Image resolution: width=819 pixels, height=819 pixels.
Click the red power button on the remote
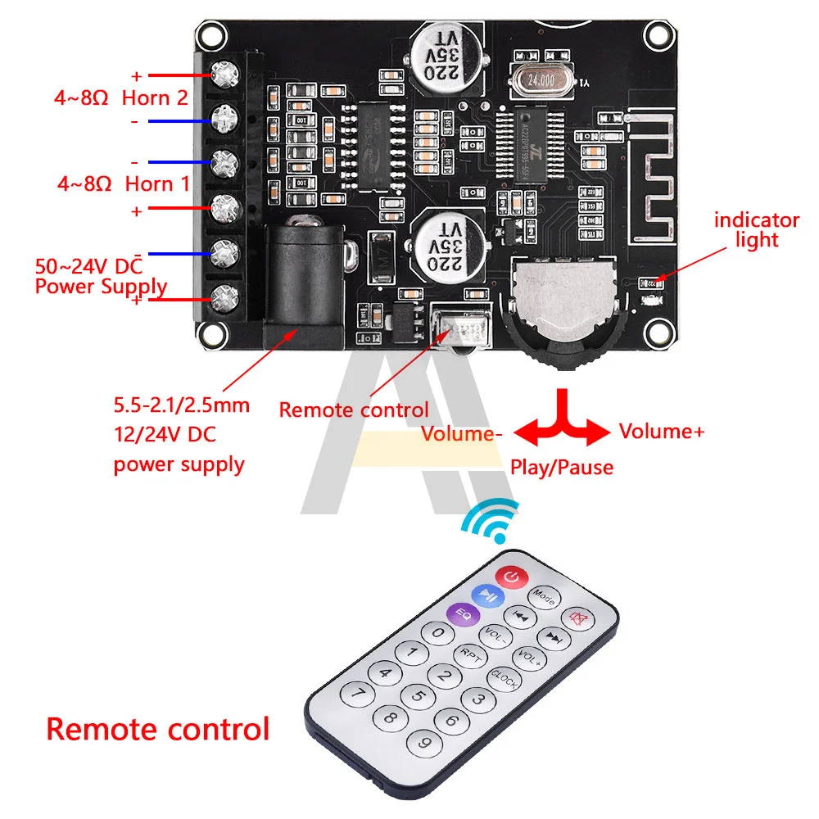point(511,578)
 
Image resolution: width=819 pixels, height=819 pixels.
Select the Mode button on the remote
point(544,596)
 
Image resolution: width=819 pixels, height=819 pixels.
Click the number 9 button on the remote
point(424,744)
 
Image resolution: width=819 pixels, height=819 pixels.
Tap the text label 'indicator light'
point(756,229)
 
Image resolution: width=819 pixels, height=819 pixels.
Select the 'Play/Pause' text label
point(562,468)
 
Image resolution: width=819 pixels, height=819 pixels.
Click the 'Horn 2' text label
point(155,97)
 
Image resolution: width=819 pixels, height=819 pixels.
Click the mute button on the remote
point(578,618)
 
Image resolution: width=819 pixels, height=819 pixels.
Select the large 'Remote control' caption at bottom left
point(157,728)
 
